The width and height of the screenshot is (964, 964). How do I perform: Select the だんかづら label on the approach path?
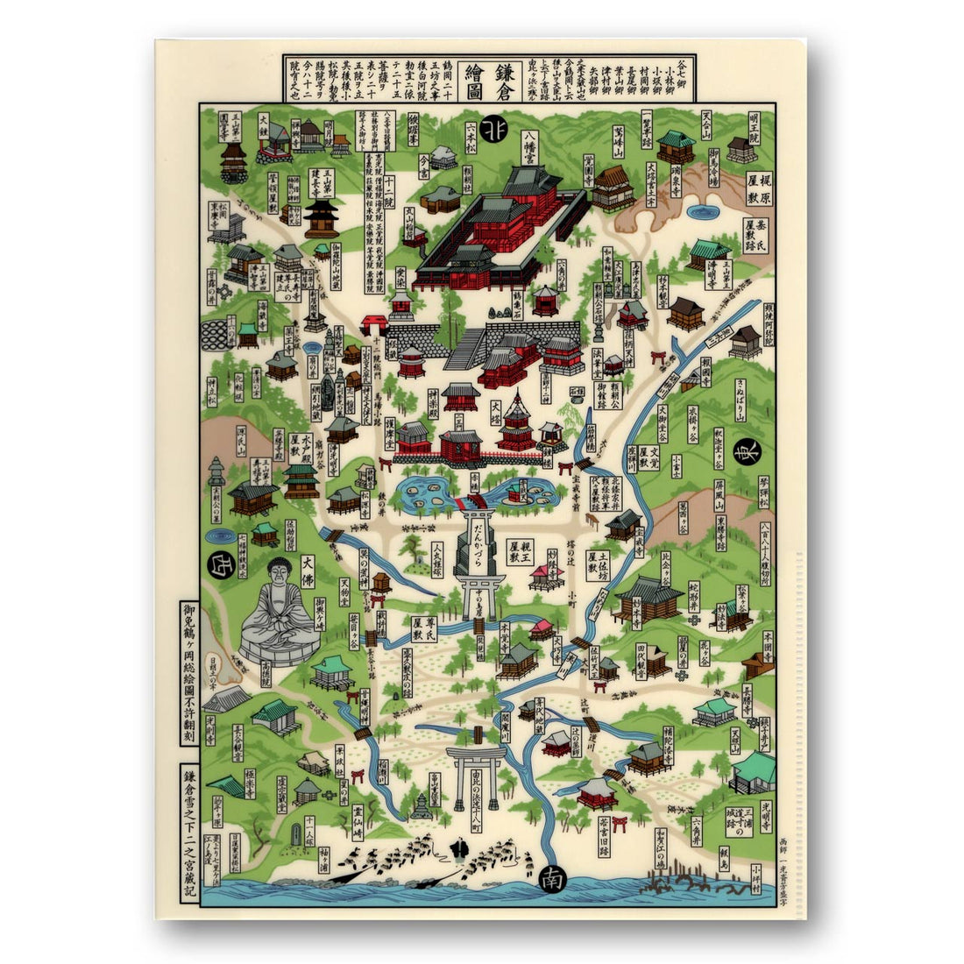pos(481,535)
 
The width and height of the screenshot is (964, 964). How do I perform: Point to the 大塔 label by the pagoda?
pos(495,411)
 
